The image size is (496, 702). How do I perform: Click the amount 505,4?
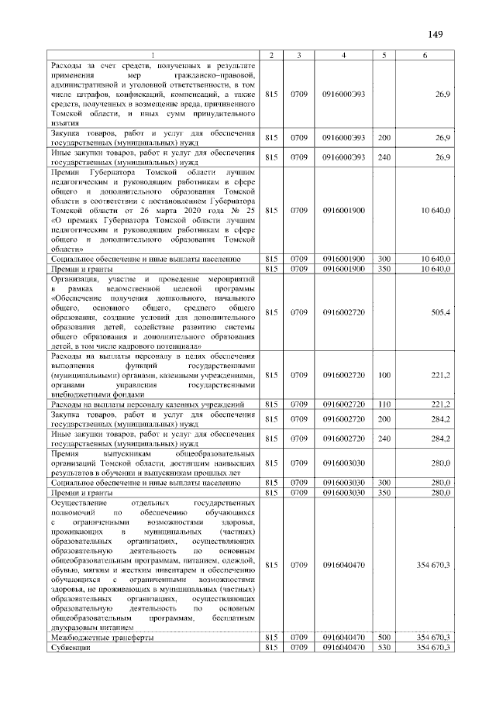[x=439, y=312]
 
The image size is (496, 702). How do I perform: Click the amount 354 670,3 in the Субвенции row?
[x=433, y=647]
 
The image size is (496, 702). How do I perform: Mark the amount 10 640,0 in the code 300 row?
[x=433, y=258]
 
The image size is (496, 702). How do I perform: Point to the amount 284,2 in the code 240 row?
[x=440, y=439]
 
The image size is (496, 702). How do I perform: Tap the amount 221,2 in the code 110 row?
[x=440, y=404]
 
